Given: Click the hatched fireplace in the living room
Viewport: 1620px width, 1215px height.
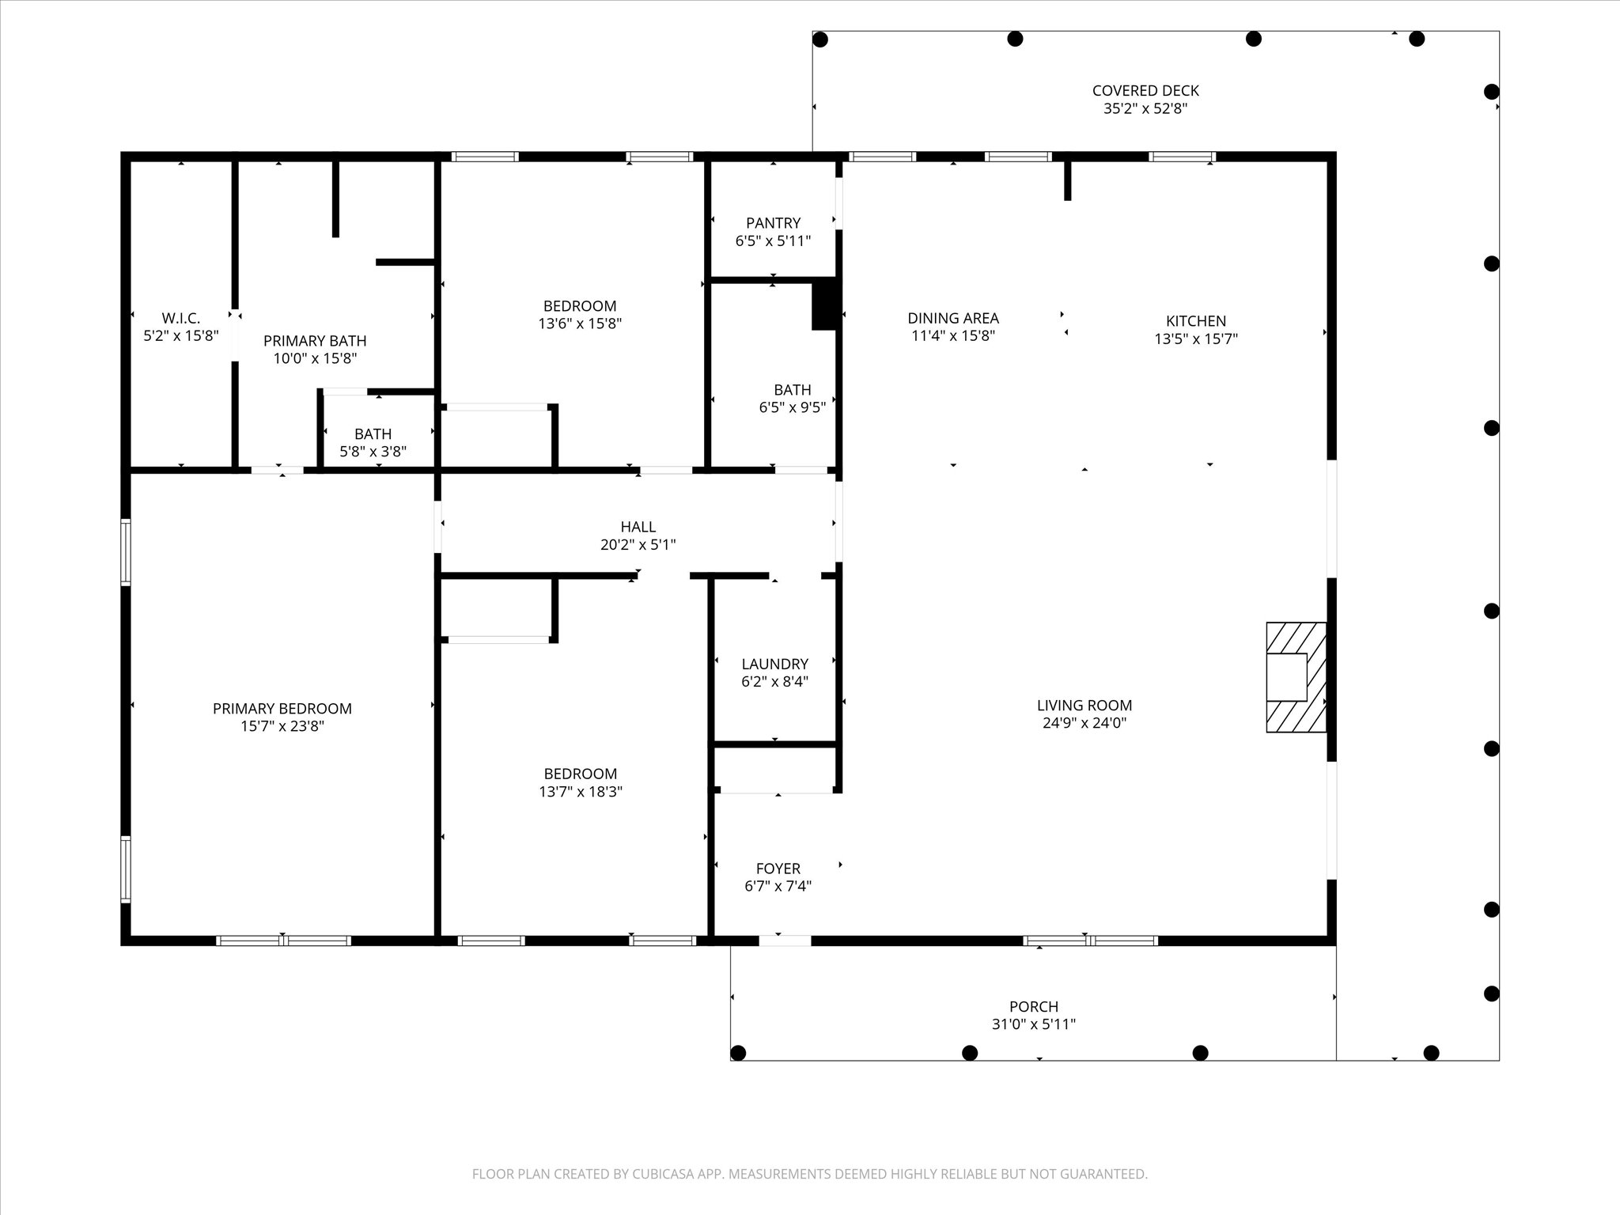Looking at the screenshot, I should click(x=1296, y=677).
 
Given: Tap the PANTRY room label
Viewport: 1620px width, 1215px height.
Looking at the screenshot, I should click(x=773, y=223).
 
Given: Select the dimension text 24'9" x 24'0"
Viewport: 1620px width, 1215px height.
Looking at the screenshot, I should click(x=1084, y=722).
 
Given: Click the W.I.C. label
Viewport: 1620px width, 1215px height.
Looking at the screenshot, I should click(x=180, y=318).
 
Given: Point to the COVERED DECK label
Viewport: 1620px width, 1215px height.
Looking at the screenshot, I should click(x=1145, y=91).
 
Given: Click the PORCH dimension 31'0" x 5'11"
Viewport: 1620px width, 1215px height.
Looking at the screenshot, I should click(x=1033, y=1024).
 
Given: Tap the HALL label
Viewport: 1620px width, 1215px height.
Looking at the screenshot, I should click(x=638, y=527).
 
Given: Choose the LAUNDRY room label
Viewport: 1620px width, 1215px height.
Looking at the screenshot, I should click(x=774, y=664).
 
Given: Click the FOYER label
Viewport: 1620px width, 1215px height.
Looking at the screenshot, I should click(x=778, y=869).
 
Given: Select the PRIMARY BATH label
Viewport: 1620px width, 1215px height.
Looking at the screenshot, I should click(x=315, y=341).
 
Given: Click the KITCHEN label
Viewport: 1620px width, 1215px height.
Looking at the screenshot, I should click(x=1195, y=321).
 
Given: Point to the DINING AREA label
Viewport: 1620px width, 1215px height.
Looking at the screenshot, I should click(x=952, y=318).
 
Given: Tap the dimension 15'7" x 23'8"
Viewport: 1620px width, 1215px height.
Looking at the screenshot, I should click(x=282, y=726).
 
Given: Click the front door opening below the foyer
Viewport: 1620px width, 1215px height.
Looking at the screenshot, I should click(x=785, y=941).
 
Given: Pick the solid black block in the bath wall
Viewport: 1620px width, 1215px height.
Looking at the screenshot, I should click(x=823, y=305).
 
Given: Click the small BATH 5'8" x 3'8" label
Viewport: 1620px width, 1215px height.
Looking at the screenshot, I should click(x=373, y=434).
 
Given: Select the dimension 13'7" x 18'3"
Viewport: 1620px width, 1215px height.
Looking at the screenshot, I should click(x=581, y=791).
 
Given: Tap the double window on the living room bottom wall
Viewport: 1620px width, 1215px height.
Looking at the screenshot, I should click(x=1090, y=941).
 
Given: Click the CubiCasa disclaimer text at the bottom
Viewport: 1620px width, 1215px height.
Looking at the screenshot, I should click(x=809, y=1174).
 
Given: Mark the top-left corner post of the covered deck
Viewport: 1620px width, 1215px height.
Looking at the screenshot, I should click(x=820, y=39).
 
